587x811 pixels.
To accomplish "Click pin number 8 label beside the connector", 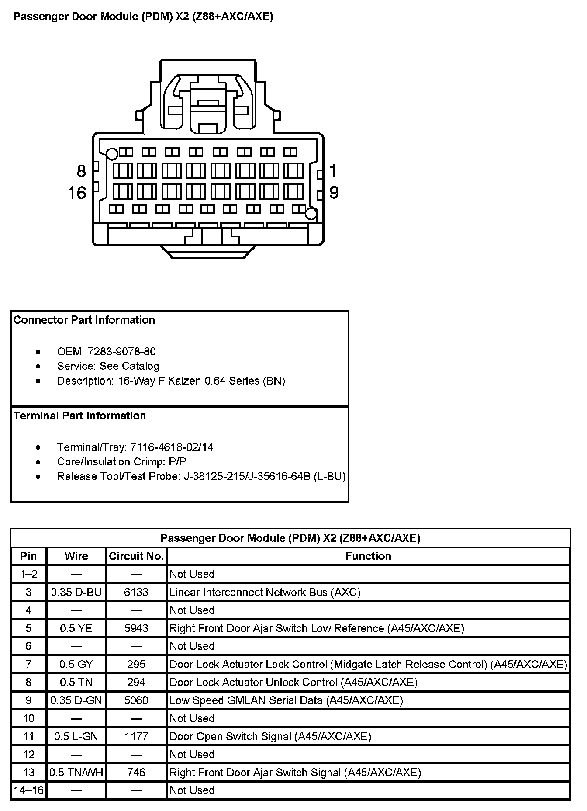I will click(x=81, y=171).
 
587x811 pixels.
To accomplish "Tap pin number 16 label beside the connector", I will click(x=77, y=193).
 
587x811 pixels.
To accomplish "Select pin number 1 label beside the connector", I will click(x=333, y=171).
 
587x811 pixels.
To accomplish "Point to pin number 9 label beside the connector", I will click(x=334, y=193).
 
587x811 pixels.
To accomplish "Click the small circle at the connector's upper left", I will click(x=112, y=154).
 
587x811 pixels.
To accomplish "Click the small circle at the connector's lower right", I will click(x=311, y=214).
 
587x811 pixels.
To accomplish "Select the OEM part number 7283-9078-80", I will click(x=121, y=352).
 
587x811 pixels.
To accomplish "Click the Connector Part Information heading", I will click(x=84, y=320).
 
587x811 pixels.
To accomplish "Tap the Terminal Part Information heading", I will click(x=79, y=416).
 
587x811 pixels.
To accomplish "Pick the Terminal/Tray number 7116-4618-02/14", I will click(x=172, y=447).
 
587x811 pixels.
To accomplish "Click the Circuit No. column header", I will click(x=136, y=556).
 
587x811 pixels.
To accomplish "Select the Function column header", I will click(x=368, y=556).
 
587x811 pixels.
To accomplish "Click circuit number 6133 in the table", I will click(x=136, y=592).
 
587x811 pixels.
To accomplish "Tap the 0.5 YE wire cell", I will click(x=76, y=628).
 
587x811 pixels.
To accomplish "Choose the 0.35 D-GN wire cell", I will click(x=76, y=700).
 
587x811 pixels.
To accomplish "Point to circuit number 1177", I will click(x=136, y=736).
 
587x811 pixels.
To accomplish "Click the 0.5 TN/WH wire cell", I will click(x=76, y=772).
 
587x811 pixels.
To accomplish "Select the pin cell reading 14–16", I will click(x=28, y=790).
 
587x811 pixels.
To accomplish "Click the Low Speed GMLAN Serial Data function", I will click(x=286, y=700).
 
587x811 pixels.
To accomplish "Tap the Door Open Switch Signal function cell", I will click(x=270, y=736).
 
